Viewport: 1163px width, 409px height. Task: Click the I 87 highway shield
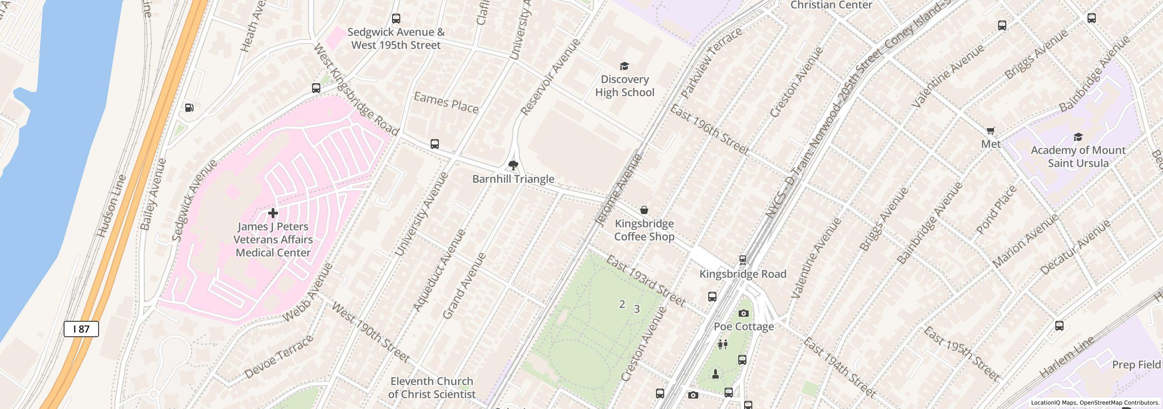pos(81,329)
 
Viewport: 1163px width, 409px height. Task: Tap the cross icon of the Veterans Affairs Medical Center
pos(273,213)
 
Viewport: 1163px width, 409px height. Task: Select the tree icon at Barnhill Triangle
pos(513,165)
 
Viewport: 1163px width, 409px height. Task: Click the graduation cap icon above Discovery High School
pos(625,66)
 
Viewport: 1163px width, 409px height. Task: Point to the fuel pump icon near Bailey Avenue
pos(189,108)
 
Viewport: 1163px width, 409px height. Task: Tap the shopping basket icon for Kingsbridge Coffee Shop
pos(644,210)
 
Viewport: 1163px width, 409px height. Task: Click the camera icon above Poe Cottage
pos(744,313)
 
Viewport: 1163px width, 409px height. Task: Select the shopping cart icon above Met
pos(991,131)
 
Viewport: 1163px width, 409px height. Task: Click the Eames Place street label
pos(446,103)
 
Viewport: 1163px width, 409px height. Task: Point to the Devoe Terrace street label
pos(279,357)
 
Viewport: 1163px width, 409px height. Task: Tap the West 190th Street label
pos(370,333)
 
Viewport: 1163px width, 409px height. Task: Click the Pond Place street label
pos(996,210)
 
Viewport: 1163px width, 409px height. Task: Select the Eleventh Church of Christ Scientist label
pos(432,388)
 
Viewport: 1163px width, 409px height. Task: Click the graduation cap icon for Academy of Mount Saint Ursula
pos(1078,137)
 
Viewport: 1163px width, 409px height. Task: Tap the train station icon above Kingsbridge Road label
pos(743,260)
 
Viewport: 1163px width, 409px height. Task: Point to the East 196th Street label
pos(709,130)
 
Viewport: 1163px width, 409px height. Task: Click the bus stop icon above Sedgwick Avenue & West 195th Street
pos(396,19)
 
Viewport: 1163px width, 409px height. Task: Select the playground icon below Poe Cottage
pos(723,344)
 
